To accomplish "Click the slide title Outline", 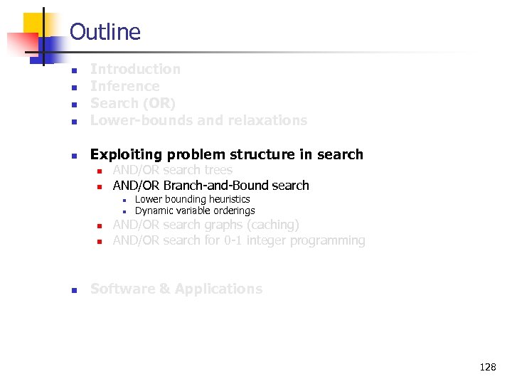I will coord(105,32).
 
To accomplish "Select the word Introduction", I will coord(135,69).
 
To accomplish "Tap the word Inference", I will coord(124,86).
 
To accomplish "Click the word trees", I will coord(218,170).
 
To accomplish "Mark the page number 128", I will coord(488,367).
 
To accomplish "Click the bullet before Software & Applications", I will coord(74,289).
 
